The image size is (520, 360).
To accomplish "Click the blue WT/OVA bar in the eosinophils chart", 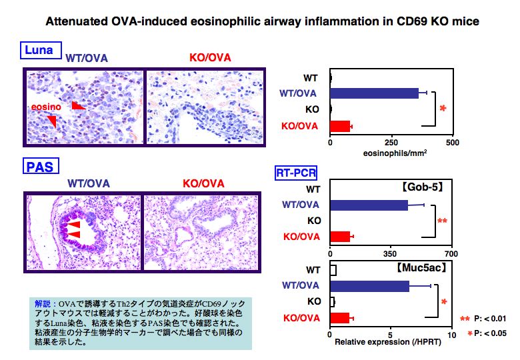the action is [x=375, y=93].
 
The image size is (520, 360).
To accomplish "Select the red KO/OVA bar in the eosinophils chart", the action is [x=340, y=126].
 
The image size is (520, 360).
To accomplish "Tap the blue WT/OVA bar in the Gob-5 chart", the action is [x=369, y=205].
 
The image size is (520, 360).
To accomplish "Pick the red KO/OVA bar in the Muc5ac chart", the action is [x=340, y=318].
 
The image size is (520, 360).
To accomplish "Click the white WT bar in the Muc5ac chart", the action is [x=333, y=270].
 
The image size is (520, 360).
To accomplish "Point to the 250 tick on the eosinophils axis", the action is [x=391, y=143].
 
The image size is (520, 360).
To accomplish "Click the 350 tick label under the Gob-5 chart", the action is [x=390, y=254].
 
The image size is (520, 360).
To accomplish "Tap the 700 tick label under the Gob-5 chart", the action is [x=451, y=254].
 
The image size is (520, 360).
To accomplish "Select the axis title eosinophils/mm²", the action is [x=395, y=153].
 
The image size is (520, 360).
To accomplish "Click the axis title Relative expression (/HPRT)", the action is [x=388, y=342].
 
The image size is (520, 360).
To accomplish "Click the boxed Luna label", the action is [x=41, y=51].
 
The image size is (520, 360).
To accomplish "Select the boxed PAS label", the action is [x=41, y=166].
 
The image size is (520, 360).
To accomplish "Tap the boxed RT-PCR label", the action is [x=296, y=173].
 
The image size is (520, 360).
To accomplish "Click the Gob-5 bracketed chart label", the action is [x=423, y=187].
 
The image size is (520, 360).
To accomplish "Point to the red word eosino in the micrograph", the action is [x=46, y=107].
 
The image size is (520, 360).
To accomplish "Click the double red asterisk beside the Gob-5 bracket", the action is [x=443, y=221].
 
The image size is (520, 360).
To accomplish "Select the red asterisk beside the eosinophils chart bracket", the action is [x=443, y=109].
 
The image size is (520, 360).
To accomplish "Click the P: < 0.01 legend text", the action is [x=490, y=319].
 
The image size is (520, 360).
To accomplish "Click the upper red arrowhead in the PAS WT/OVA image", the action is [x=74, y=225].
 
